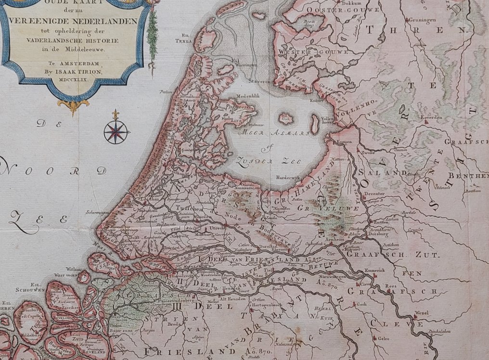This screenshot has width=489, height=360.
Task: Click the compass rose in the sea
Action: [x=116, y=131]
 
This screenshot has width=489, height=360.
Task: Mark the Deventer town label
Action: [x=373, y=193]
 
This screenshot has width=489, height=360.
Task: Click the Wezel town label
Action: [x=421, y=313]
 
